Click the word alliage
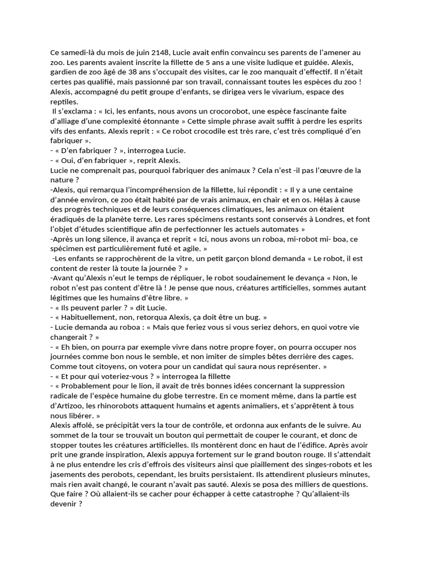click(x=72, y=122)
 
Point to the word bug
click(x=251, y=318)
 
